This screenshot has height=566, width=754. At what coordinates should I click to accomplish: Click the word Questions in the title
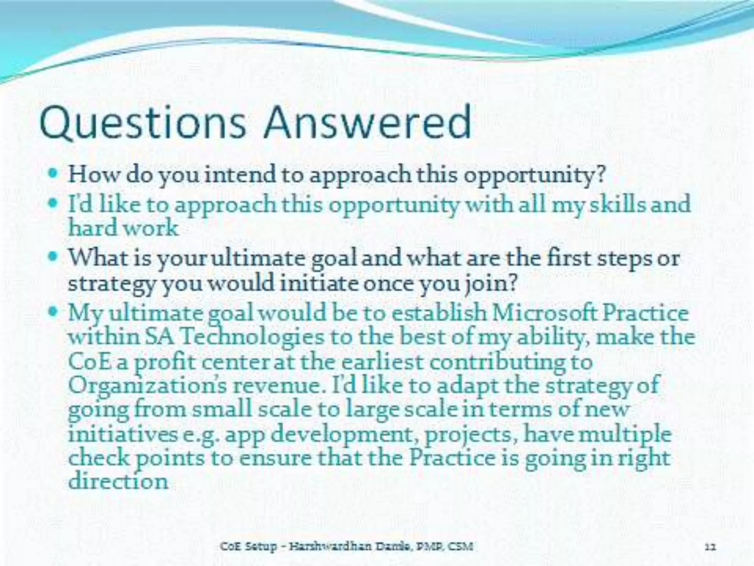point(142,123)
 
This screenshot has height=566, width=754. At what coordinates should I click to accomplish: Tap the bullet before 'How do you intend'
point(54,172)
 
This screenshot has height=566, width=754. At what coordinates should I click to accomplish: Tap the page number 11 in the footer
point(710,546)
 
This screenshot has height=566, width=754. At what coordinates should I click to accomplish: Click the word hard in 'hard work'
point(92,228)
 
